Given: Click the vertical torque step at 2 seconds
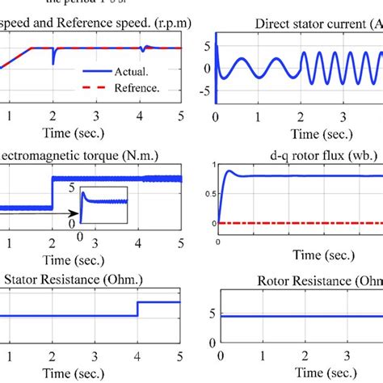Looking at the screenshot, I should [53, 194].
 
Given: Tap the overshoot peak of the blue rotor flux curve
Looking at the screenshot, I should [229, 170].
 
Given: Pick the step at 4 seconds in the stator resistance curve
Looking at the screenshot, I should [138, 309].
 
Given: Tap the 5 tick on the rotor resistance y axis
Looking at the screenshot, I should [208, 310].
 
